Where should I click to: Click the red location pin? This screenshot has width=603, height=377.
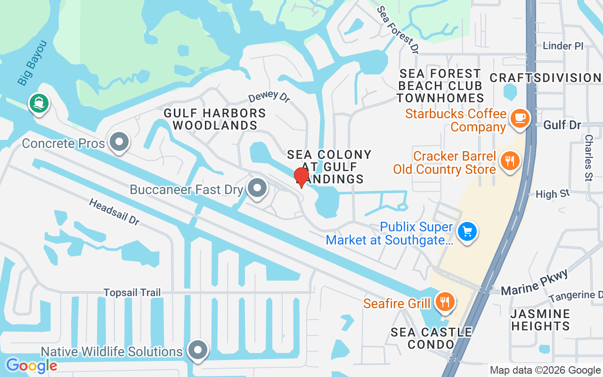pyautogui.click(x=301, y=177)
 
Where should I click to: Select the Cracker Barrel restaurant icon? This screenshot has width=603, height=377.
pyautogui.click(x=509, y=161)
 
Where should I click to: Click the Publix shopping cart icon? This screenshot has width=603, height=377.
pyautogui.click(x=467, y=232)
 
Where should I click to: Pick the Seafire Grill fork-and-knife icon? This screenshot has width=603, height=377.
pyautogui.click(x=444, y=300)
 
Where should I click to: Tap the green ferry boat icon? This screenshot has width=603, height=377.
pyautogui.click(x=38, y=103)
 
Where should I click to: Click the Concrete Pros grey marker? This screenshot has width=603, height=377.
pyautogui.click(x=119, y=141)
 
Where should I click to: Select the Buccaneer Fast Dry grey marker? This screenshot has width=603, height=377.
pyautogui.click(x=257, y=188)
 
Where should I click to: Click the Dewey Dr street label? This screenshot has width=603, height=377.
pyautogui.click(x=269, y=98)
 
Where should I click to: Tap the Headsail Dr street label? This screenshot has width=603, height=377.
pyautogui.click(x=114, y=212)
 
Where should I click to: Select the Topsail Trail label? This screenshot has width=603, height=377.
pyautogui.click(x=132, y=293)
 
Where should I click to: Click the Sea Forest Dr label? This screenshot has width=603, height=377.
pyautogui.click(x=398, y=30)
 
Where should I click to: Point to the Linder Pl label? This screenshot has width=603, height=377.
pyautogui.click(x=563, y=46)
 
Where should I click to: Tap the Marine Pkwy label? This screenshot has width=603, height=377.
pyautogui.click(x=534, y=283)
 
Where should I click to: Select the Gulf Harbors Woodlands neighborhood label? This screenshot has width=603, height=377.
pyautogui.click(x=215, y=119)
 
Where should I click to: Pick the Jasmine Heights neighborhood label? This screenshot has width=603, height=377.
pyautogui.click(x=540, y=320)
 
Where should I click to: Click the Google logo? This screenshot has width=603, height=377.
pyautogui.click(x=31, y=365)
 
